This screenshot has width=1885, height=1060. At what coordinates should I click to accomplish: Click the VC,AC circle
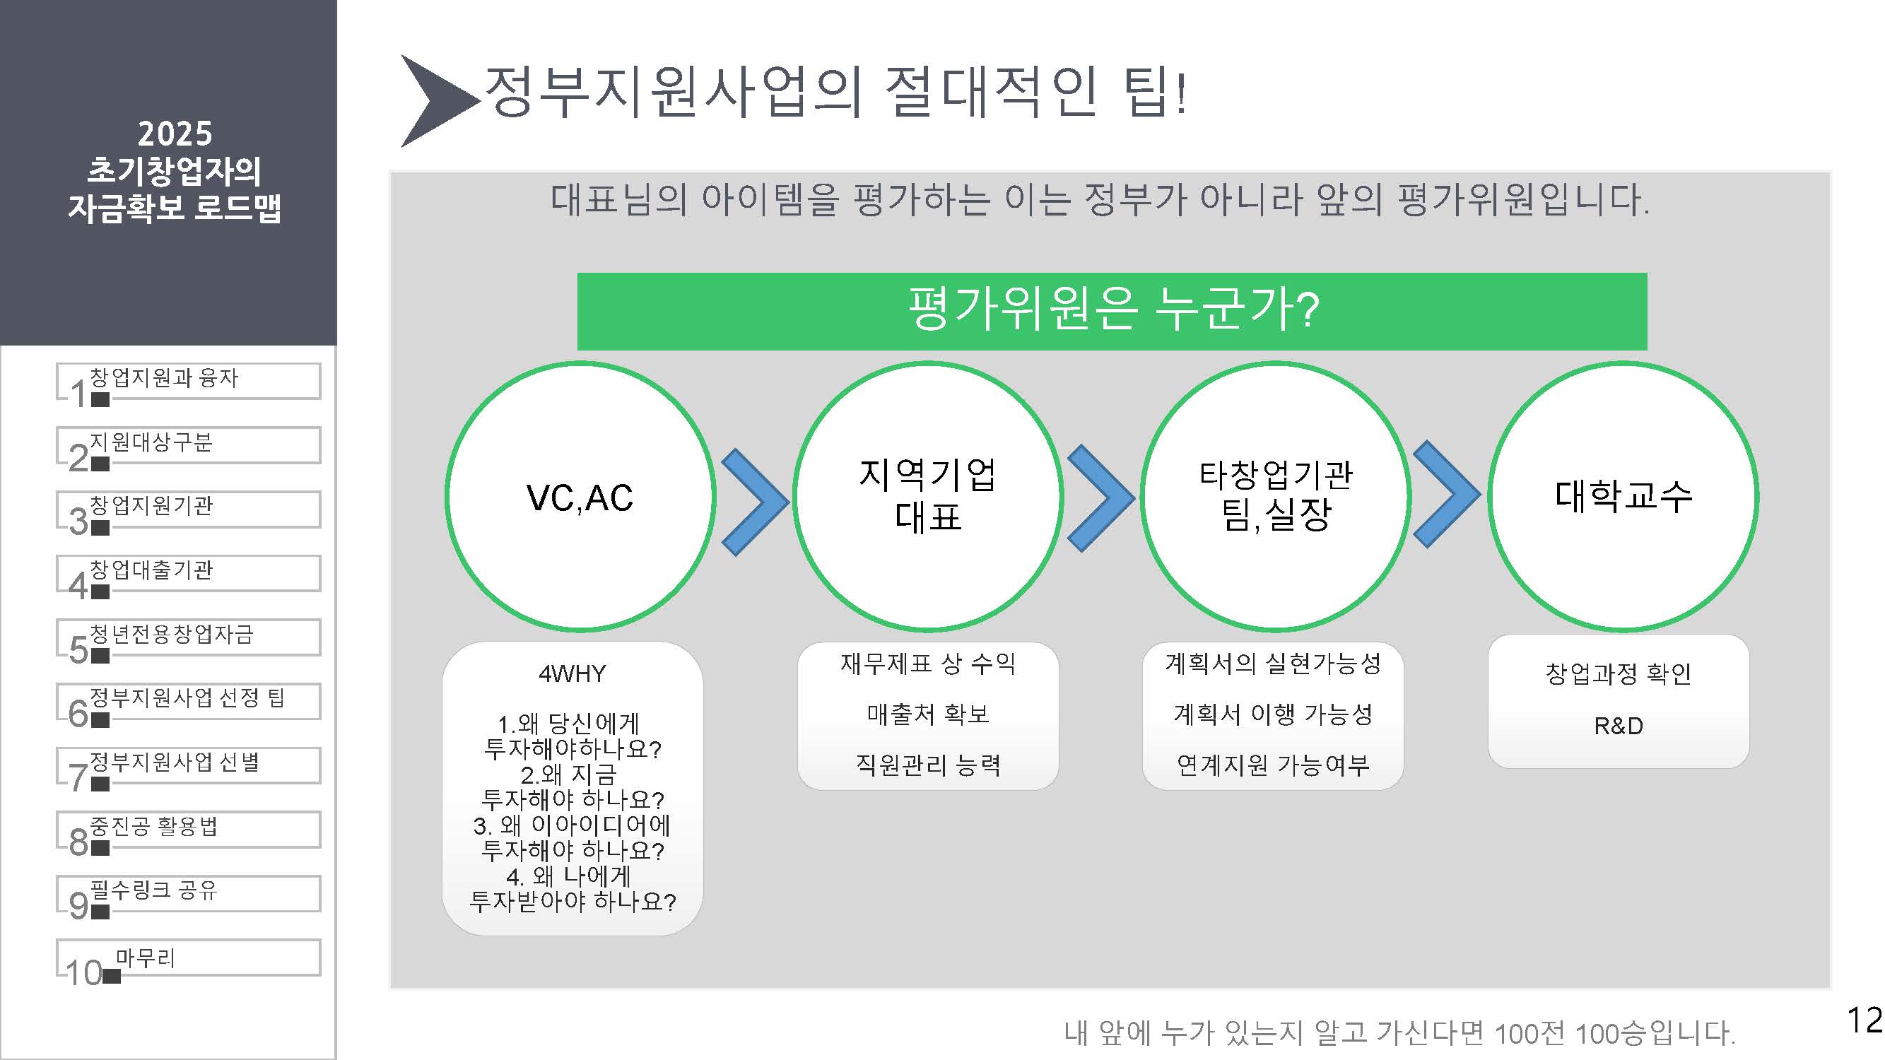[x=580, y=497]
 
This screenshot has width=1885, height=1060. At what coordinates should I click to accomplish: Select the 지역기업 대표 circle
[x=927, y=497]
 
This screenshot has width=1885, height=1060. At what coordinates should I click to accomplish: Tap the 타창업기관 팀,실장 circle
[x=1275, y=497]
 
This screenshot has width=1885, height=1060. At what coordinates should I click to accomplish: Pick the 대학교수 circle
[x=1622, y=497]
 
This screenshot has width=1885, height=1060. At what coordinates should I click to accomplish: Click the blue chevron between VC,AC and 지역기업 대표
[x=753, y=502]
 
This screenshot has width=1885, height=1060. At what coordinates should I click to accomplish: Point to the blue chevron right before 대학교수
[x=1446, y=494]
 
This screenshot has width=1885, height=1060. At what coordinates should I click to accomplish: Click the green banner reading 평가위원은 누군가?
[x=1112, y=311]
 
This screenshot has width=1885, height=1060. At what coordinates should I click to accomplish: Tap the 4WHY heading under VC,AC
[x=572, y=673]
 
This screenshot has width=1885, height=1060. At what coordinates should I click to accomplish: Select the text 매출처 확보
[x=928, y=713]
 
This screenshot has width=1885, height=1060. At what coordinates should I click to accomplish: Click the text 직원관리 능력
[x=928, y=765]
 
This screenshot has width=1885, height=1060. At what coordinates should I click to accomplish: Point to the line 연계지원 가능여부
[x=1272, y=765]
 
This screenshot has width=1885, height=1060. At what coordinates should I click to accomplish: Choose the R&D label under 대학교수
[x=1619, y=726]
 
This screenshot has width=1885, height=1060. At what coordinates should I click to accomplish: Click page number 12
[x=1864, y=1019]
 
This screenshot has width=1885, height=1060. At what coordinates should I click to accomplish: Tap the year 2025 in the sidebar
[x=175, y=134]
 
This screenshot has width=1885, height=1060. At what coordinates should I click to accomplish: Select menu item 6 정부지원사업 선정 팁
[x=187, y=701]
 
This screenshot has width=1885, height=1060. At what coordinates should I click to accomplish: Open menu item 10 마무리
[x=187, y=958]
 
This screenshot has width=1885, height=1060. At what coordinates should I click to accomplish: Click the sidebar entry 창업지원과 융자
[x=187, y=380]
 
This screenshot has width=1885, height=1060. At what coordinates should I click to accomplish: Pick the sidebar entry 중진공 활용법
[x=187, y=829]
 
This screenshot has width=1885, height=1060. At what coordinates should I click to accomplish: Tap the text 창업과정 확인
[x=1619, y=673]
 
